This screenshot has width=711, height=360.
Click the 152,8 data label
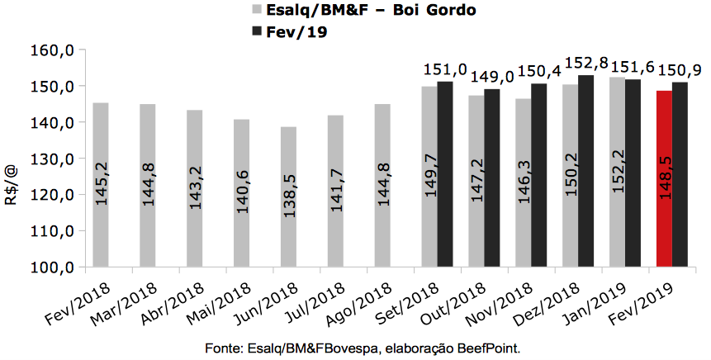(585, 64)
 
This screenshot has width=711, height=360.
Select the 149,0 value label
(491, 78)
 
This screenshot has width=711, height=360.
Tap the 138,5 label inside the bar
(288, 217)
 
